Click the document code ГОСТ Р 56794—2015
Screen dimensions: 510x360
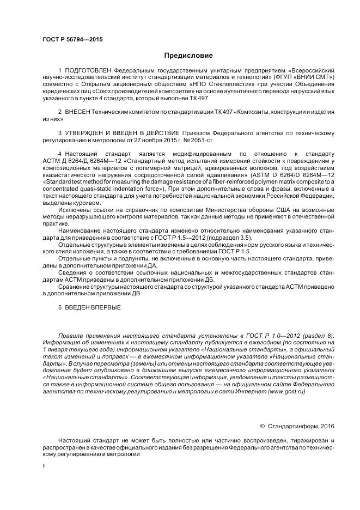pyautogui.click(x=72, y=40)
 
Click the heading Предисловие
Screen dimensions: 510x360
pyautogui.click(x=188, y=56)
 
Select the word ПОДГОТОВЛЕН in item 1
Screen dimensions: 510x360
pyautogui.click(x=88, y=71)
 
